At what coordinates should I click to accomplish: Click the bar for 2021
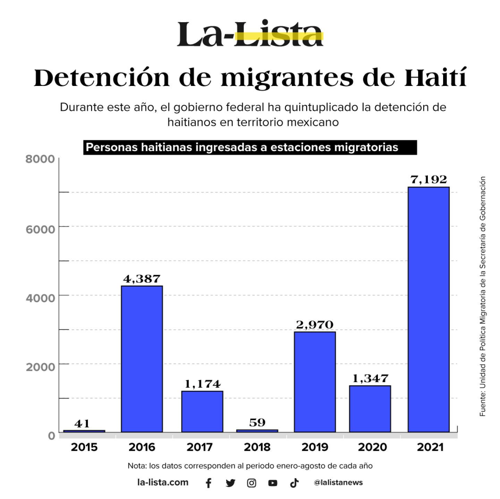coord(429,309)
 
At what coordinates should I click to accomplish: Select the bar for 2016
coord(142,359)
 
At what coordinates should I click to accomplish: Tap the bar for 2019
coord(315,382)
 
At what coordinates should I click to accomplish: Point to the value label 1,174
coord(202,384)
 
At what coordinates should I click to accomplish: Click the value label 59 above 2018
coord(257,423)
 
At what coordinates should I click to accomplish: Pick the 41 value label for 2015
coord(82,424)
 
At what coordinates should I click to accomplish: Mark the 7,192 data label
coord(429,180)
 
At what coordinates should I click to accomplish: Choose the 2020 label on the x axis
coord(372,447)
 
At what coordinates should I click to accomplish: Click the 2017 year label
coord(200,447)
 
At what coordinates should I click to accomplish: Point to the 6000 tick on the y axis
coord(40,229)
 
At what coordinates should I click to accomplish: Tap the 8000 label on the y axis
coord(40,159)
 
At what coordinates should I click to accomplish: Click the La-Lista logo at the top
coord(250,34)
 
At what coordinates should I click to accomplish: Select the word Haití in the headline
coord(435,78)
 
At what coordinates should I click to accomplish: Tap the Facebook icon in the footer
coord(209,483)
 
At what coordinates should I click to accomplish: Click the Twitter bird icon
coord(230,483)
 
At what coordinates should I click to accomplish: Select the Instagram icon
coord(252,483)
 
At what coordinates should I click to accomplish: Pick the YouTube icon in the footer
coord(273,483)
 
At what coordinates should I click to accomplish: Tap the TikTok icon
coord(294,483)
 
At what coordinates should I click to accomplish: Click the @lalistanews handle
coord(338,482)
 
